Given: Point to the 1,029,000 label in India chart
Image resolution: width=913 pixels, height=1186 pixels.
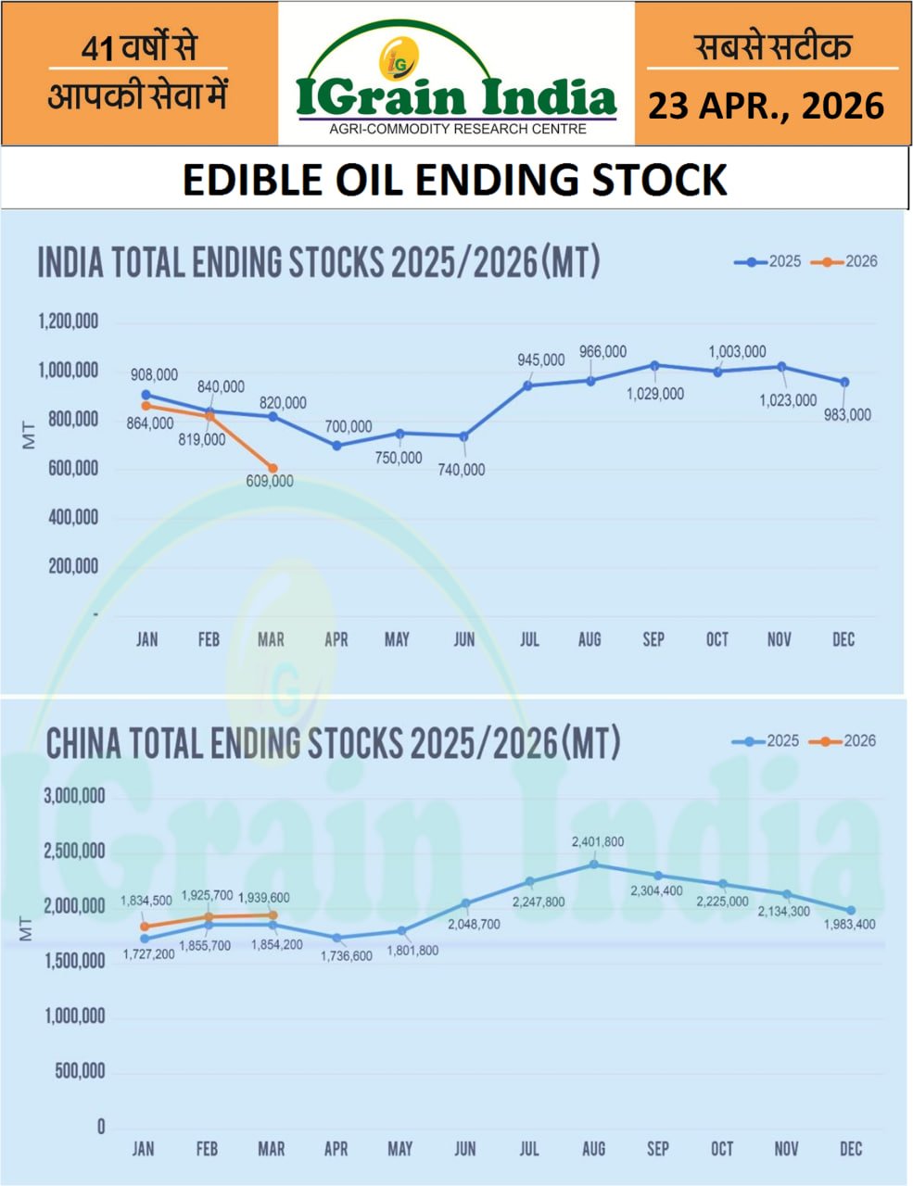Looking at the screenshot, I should click(x=655, y=394).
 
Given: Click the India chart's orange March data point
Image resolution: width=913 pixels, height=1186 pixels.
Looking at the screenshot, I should click(x=272, y=469).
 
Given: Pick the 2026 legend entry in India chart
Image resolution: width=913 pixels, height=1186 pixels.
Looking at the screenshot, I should click(x=844, y=262).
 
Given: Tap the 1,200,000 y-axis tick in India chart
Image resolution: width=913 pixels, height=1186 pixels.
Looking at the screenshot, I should click(x=69, y=323).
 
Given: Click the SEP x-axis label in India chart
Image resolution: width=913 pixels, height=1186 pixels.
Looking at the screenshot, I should click(x=653, y=639).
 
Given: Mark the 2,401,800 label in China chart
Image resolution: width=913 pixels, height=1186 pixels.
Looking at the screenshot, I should click(x=598, y=842).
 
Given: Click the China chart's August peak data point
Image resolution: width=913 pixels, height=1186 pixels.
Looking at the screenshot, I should click(x=594, y=864).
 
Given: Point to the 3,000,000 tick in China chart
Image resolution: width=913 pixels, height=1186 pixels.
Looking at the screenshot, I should click(x=74, y=796).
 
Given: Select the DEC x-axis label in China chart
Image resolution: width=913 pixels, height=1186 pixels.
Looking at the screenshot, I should click(x=850, y=1149).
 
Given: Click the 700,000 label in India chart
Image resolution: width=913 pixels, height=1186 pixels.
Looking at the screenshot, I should click(x=349, y=427).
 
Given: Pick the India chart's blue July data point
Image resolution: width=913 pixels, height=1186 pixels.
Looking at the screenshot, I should click(x=528, y=385).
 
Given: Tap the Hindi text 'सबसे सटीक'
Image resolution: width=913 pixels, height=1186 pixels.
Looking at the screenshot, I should click(x=773, y=46).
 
